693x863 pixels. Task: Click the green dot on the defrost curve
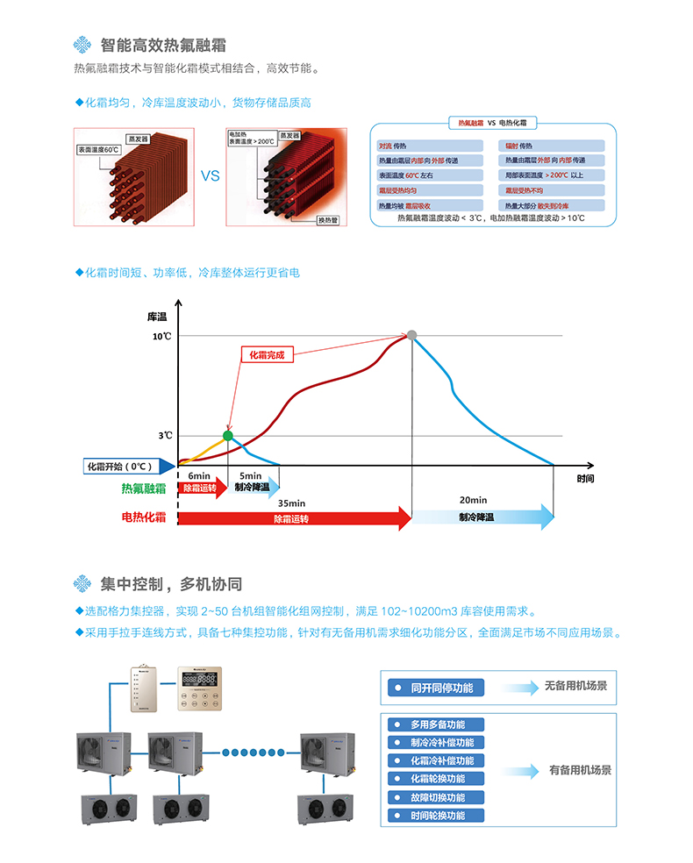click(228, 435)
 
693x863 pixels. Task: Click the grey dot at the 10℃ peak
click(411, 335)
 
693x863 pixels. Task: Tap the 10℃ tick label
click(162, 336)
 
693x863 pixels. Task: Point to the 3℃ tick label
click(165, 436)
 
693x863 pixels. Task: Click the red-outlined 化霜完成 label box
click(268, 355)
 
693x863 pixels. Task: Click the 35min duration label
click(290, 503)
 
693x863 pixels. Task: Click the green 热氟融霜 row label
click(144, 489)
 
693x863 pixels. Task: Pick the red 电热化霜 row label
click(144, 517)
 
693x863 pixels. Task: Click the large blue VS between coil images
click(210, 175)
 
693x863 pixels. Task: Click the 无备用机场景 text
click(575, 686)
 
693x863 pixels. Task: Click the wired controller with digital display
click(202, 688)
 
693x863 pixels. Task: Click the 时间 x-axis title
click(586, 479)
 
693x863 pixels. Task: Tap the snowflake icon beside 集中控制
click(82, 583)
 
